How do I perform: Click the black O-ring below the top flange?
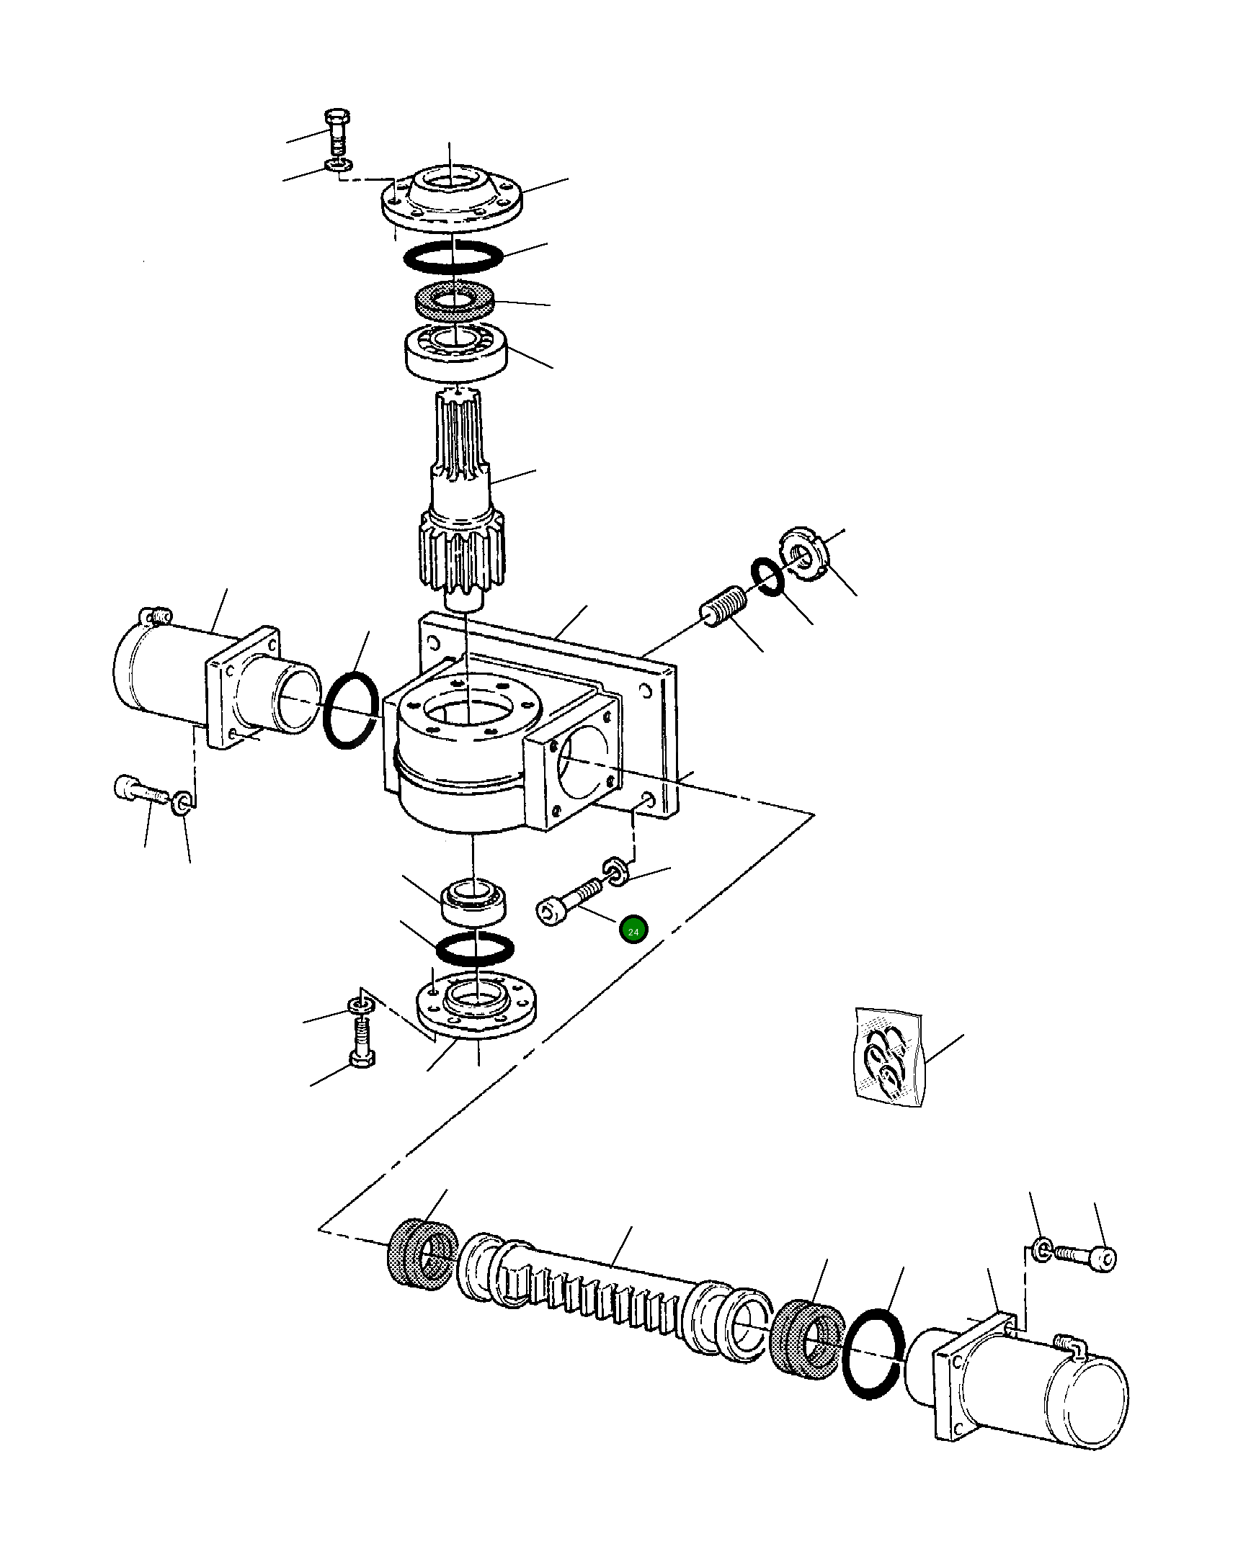453,256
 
